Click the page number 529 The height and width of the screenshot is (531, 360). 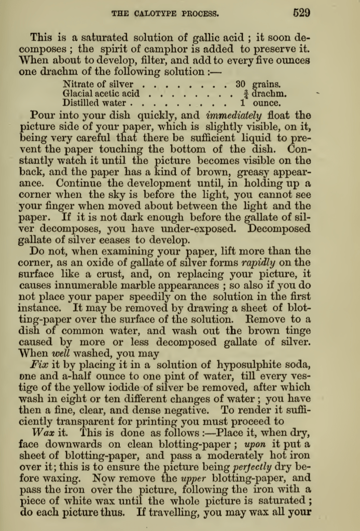[x=301, y=13]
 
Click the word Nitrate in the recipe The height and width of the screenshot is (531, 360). [x=79, y=84]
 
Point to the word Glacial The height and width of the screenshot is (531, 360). [x=79, y=94]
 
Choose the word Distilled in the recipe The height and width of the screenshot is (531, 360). [x=81, y=103]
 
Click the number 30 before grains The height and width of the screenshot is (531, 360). [x=240, y=84]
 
